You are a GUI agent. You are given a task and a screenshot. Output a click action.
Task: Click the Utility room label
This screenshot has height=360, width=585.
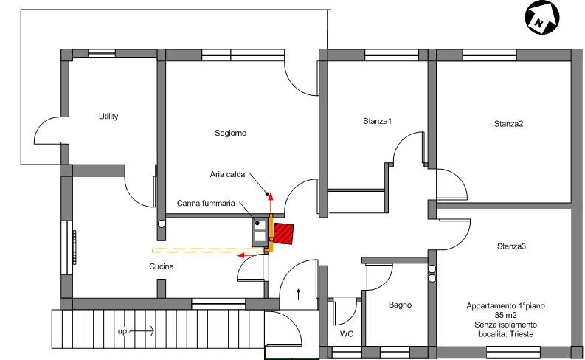tap(108, 116)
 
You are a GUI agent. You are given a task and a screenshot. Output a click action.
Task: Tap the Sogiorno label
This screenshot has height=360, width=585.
tap(230, 133)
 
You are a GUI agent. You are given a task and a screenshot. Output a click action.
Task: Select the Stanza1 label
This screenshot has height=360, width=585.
tap(377, 121)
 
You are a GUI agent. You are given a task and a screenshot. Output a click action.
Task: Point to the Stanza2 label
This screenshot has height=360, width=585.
tap(508, 123)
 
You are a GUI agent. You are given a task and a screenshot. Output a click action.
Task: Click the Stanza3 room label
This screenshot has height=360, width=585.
tap(511, 246)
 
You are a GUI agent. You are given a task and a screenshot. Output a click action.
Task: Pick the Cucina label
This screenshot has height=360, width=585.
tap(161, 266)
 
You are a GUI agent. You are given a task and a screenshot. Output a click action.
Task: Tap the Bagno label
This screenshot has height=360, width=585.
tap(400, 305)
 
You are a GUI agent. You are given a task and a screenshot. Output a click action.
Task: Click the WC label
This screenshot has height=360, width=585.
tap(347, 334)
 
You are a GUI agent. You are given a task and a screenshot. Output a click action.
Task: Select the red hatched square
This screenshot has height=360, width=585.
tap(283, 234)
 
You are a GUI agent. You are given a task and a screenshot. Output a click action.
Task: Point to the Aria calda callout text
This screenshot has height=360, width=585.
tap(227, 174)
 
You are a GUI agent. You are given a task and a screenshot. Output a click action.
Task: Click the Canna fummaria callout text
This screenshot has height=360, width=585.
tap(206, 204)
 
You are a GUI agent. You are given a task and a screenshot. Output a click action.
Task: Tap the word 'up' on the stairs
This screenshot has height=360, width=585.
tap(122, 331)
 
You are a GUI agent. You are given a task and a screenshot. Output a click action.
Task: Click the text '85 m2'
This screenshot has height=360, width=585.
tap(505, 315)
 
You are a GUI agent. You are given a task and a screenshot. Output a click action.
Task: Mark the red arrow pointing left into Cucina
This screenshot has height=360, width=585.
tap(252, 255)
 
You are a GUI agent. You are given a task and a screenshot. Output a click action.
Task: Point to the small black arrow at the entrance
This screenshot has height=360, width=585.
tap(299, 294)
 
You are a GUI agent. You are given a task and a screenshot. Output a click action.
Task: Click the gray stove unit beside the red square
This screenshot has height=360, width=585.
tap(260, 232)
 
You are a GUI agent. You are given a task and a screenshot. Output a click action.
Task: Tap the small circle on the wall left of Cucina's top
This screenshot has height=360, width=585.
tap(162, 224)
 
